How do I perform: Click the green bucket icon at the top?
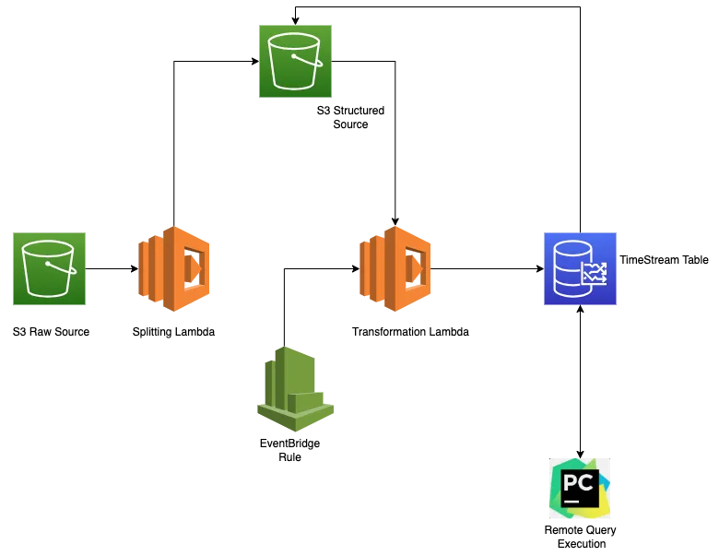click(294, 62)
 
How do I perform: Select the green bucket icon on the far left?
click(48, 268)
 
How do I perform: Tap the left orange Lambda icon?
click(174, 267)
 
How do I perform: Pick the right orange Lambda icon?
click(395, 267)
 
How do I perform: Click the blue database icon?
click(579, 268)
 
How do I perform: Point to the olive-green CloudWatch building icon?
click(294, 389)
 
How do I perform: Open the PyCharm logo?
click(579, 490)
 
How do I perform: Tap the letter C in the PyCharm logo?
click(586, 482)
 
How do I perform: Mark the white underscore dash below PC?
click(572, 501)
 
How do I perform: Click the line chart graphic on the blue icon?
click(595, 273)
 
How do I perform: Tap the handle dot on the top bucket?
click(293, 56)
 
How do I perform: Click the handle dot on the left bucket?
click(47, 264)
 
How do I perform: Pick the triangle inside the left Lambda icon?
click(193, 268)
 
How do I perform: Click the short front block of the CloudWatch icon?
click(309, 403)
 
